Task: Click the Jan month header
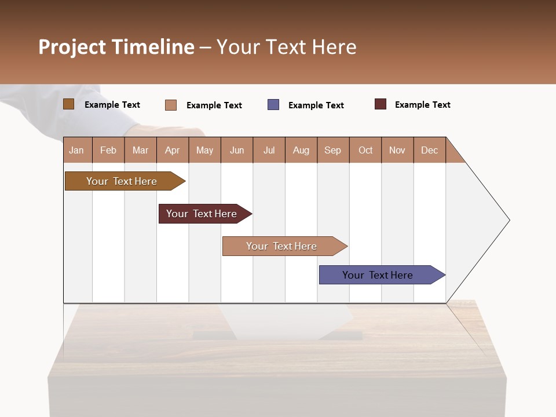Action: point(76,150)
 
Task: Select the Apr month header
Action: point(172,150)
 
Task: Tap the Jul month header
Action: point(269,150)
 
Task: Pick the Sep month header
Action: point(332,150)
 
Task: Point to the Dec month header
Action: point(429,150)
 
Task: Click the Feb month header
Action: point(108,150)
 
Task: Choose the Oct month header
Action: point(365,150)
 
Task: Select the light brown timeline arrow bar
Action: point(122,181)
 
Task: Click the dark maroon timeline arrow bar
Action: point(202,214)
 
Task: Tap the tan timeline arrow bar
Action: point(281,246)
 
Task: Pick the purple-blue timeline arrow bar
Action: point(378,275)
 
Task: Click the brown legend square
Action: point(68,104)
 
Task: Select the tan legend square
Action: point(170,105)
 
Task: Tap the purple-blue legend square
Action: point(273,105)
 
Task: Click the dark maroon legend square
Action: point(380,104)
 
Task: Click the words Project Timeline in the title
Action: point(116,47)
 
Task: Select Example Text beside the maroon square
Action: point(422,105)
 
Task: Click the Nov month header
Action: point(397,150)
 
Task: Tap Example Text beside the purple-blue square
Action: point(316,105)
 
